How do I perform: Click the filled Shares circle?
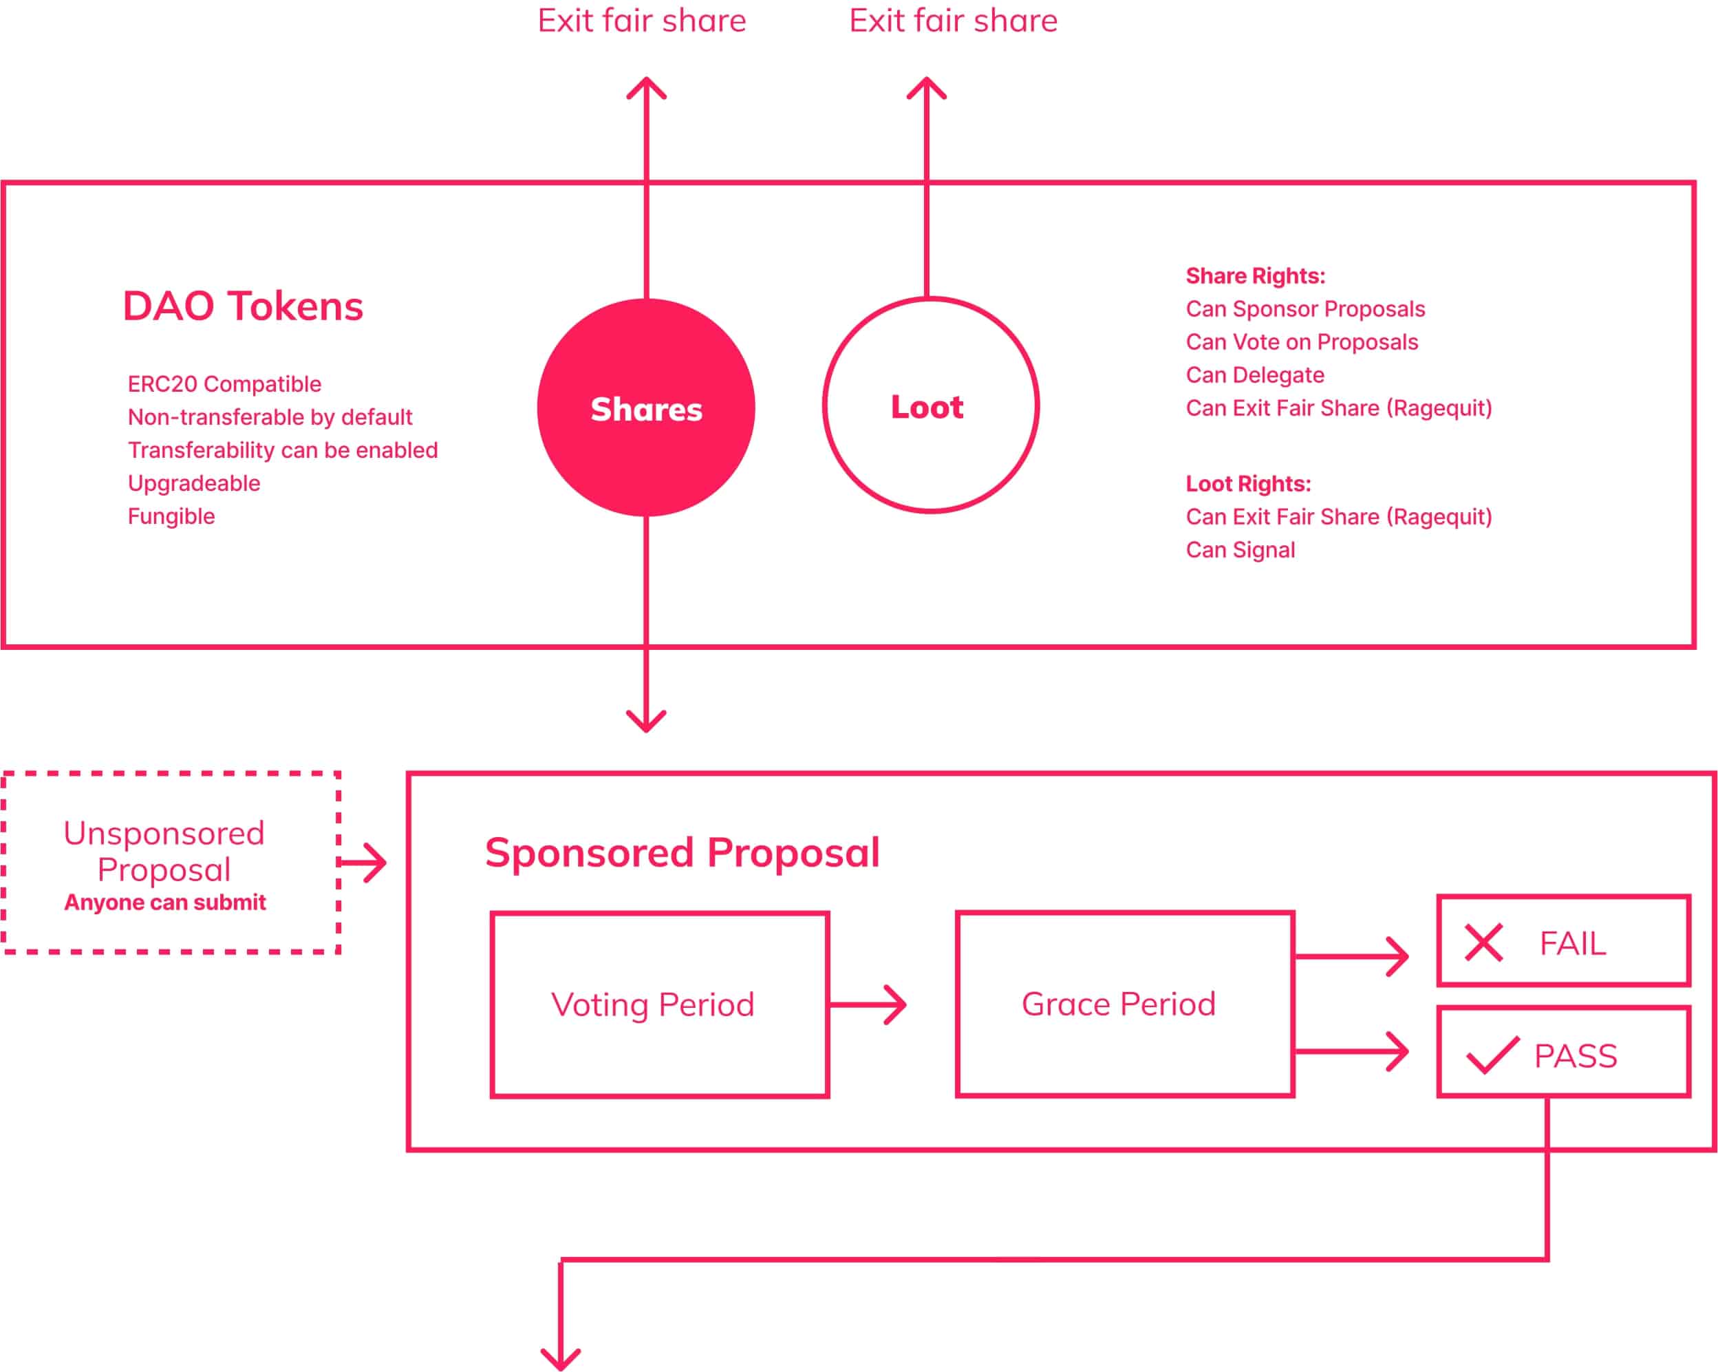tap(646, 408)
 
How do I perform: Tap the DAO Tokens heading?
tap(243, 306)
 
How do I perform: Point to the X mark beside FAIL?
tap(1483, 942)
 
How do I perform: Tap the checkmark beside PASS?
tap(1492, 1055)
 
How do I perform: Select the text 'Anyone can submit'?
tap(165, 903)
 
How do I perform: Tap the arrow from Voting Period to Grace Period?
tap(868, 1004)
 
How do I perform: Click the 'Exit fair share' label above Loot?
tap(953, 21)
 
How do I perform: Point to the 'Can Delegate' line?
tap(1255, 374)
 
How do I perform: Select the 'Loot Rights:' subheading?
tap(1248, 484)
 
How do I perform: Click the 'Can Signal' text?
tap(1241, 550)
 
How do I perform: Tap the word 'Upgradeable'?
tap(193, 484)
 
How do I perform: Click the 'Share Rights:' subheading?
tap(1256, 276)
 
